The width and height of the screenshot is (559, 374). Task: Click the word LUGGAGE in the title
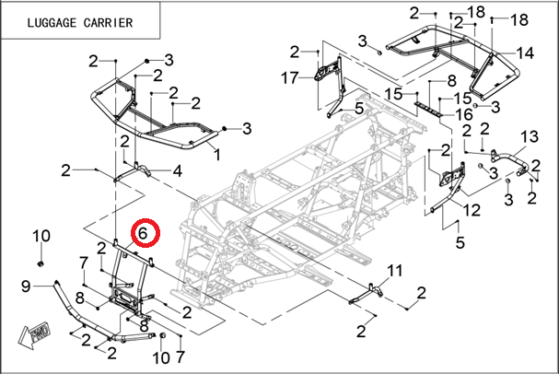tap(43, 22)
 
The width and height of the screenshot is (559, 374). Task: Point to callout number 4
tap(176, 170)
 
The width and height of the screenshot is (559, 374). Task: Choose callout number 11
tap(394, 271)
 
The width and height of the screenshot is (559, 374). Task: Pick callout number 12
tap(472, 211)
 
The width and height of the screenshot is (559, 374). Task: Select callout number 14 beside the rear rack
tap(526, 52)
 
